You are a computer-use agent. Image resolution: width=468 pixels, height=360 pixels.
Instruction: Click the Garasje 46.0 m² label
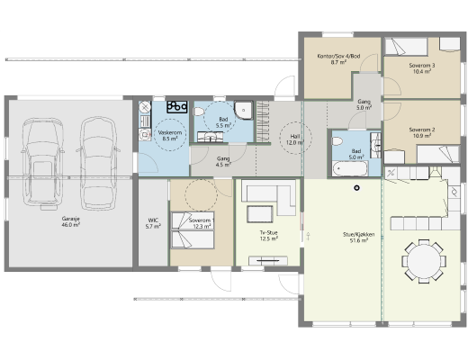pos(71,221)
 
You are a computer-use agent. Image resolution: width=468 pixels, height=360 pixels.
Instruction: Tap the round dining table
pos(424,261)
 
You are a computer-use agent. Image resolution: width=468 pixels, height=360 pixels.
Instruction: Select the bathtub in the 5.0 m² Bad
pos(350,168)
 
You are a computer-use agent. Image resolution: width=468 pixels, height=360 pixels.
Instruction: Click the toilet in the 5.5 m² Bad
pos(199,112)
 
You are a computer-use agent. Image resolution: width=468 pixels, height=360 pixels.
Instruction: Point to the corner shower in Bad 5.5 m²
pos(243,110)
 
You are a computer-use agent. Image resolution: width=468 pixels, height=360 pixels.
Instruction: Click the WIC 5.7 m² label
pos(153,223)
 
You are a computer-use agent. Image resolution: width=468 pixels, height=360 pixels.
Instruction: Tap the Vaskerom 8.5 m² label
pos(170,135)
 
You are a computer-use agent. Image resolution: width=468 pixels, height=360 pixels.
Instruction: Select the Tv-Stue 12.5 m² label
pos(268,236)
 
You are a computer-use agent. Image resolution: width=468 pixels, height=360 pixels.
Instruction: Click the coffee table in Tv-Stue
pos(260,214)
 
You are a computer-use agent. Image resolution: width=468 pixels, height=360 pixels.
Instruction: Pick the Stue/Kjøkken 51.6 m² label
pos(359,238)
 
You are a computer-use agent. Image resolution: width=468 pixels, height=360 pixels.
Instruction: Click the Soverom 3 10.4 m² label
pos(422,68)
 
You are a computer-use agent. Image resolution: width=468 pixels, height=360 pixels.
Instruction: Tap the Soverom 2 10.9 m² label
pos(422,132)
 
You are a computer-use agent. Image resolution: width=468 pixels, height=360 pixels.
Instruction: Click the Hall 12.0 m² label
pos(295,139)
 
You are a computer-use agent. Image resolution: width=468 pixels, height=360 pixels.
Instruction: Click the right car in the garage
pos(98,163)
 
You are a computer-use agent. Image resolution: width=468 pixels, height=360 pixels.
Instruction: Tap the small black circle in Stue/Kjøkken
pos(356,188)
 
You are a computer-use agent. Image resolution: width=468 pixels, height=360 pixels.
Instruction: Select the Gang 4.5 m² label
pos(223,161)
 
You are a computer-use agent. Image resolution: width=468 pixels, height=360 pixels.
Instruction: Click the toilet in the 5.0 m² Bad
pos(337,141)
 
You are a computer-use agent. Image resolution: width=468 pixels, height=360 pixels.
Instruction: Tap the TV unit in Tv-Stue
pos(268,261)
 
